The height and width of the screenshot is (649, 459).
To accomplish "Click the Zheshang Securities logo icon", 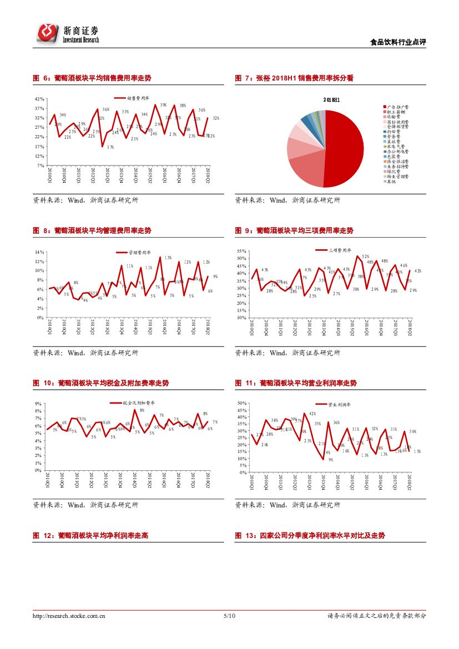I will (48, 33).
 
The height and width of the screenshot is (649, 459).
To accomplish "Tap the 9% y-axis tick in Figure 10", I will (38, 404).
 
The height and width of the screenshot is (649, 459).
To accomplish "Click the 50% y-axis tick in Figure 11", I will (241, 403).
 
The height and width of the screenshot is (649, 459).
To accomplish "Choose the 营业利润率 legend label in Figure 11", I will (339, 405).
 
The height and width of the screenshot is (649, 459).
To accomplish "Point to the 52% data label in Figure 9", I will (366, 256).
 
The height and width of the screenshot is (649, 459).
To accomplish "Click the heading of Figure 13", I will (310, 536).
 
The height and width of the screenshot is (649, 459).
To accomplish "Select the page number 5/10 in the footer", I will (229, 616).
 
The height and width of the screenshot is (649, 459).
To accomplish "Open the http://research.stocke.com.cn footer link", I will (69, 616).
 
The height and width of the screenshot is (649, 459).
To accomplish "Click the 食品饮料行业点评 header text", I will (397, 43).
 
